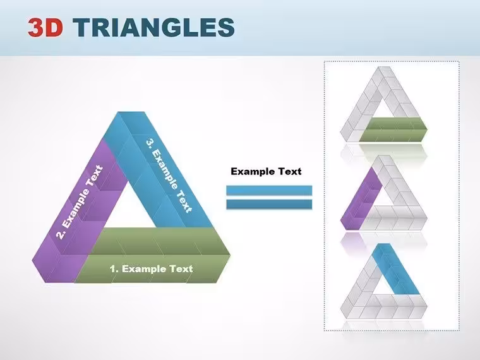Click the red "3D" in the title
pos(45,27)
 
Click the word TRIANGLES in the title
pos(153,27)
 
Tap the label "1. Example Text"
pos(151,269)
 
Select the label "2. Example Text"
pos(80,202)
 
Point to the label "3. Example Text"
pos(169,176)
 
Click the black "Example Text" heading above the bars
pos(266,171)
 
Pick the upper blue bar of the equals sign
pos(269,190)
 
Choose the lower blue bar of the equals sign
pos(269,204)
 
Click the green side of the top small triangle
pos(393,129)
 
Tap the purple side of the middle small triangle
pos(361,199)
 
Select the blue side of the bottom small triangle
pos(397,270)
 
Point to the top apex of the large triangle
pos(131,112)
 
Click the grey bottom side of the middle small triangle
pos(395,218)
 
